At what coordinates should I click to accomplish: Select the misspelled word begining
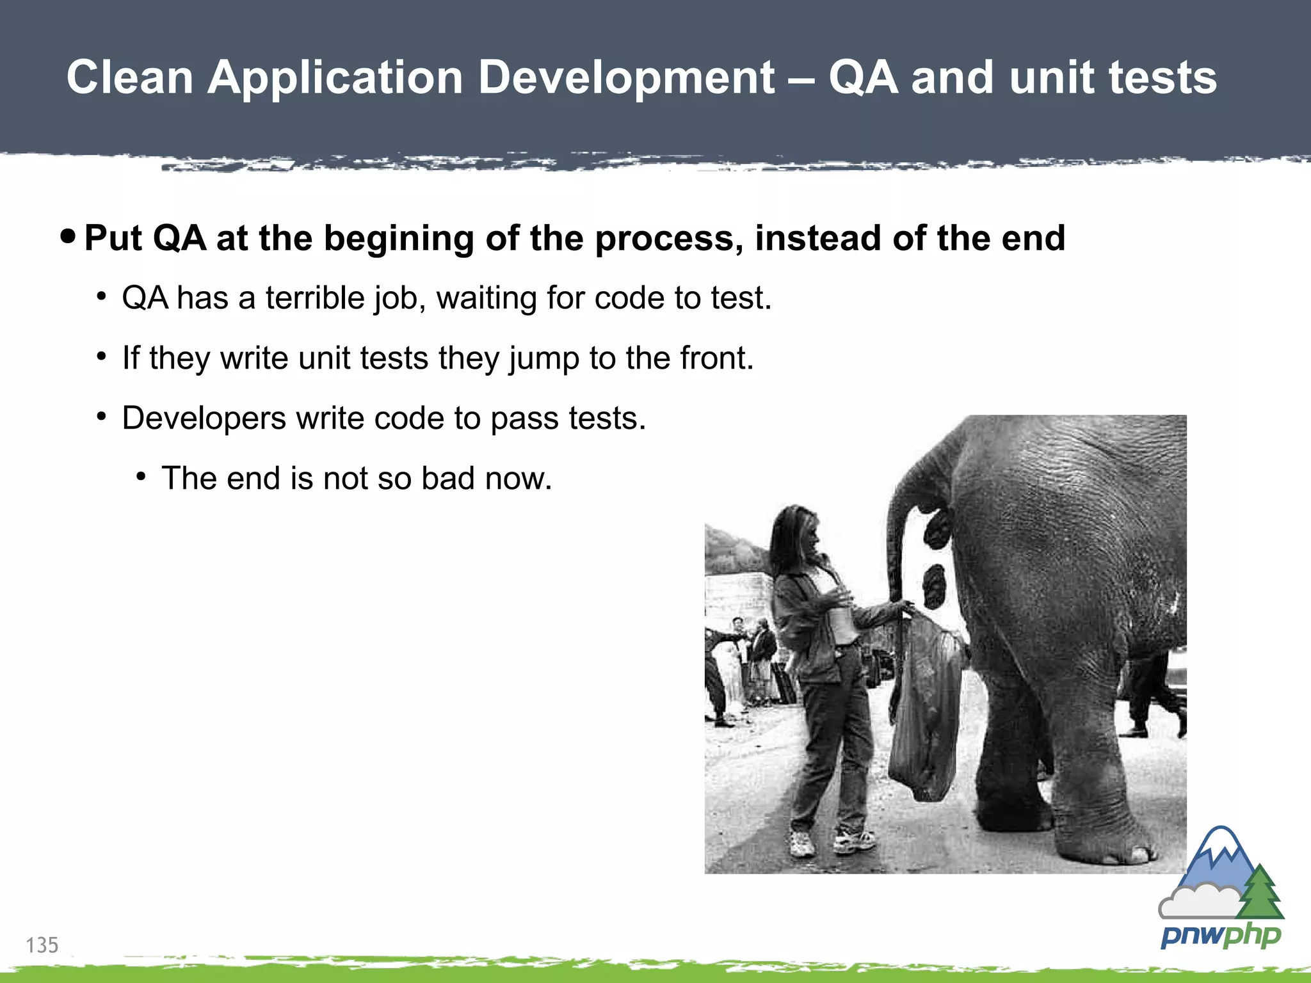(398, 239)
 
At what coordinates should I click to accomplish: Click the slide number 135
(42, 945)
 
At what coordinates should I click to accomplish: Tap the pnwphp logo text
(1220, 937)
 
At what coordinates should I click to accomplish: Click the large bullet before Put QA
(68, 237)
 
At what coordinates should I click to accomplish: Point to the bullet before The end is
(141, 476)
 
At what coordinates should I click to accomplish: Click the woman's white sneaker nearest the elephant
(855, 840)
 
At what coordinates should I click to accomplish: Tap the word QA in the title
(864, 78)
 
